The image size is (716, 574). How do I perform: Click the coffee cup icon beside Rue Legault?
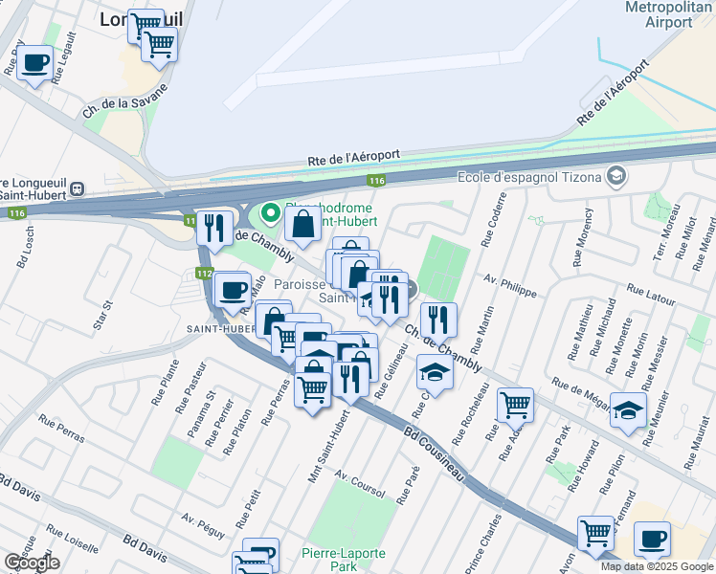(x=35, y=64)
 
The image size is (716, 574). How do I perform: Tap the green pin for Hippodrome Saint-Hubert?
(x=271, y=212)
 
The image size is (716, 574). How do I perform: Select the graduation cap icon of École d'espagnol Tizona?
(x=617, y=175)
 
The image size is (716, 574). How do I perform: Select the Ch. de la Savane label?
(x=125, y=100)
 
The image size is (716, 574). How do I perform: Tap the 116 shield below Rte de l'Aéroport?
(x=376, y=180)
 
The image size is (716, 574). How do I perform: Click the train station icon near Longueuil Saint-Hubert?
(x=75, y=189)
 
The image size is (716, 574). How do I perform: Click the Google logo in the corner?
(x=32, y=563)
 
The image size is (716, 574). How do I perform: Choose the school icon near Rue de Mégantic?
(x=627, y=410)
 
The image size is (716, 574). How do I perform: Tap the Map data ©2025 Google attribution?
(x=657, y=566)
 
